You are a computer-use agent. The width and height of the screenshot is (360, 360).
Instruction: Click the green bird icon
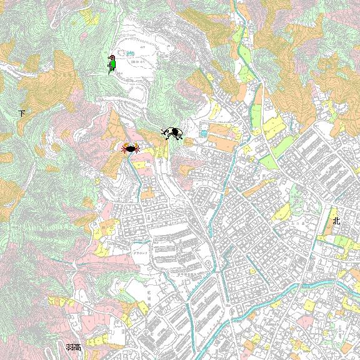click(x=112, y=64)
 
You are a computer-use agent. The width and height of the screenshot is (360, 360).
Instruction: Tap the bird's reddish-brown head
click(x=111, y=57)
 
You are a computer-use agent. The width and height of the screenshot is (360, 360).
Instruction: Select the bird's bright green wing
click(x=113, y=64)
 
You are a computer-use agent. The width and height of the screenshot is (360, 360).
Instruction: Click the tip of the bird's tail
click(x=110, y=73)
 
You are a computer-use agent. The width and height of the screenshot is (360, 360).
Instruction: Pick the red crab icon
click(x=130, y=148)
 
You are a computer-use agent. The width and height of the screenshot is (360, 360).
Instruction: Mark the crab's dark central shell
click(x=130, y=149)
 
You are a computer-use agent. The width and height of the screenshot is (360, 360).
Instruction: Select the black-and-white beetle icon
click(x=172, y=133)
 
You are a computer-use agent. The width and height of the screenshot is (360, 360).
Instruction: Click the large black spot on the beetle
click(x=176, y=132)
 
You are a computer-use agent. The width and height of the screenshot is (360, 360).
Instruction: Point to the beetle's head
click(x=166, y=132)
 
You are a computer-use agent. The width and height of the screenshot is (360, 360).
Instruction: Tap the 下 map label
click(x=22, y=113)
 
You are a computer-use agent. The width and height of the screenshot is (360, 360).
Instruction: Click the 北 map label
click(x=336, y=221)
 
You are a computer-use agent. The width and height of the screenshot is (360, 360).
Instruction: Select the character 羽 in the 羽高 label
click(x=69, y=347)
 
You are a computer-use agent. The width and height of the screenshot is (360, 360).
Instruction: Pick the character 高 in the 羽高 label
click(x=77, y=347)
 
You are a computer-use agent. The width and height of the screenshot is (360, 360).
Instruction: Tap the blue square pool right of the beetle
click(x=203, y=133)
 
